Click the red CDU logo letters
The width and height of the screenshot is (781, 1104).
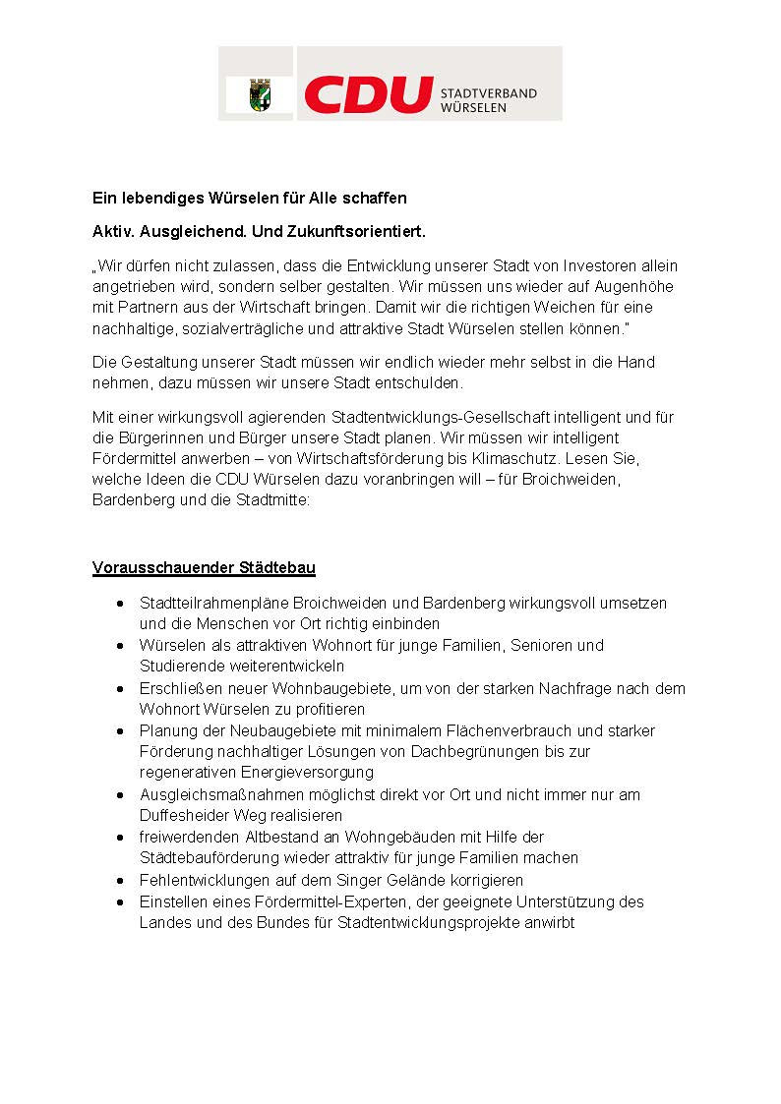369,94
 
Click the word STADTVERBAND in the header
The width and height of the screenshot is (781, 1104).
489,93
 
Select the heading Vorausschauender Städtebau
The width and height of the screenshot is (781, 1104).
204,568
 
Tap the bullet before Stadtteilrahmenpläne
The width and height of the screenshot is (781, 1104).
119,603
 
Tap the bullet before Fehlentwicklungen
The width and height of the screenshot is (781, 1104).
119,880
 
